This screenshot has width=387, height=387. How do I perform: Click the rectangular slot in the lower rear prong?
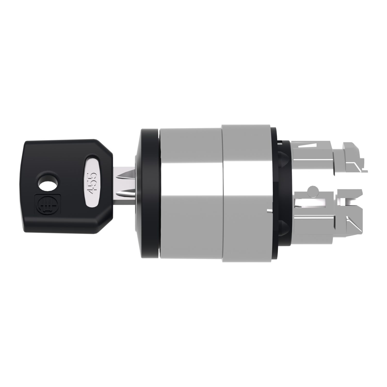tap(310, 203)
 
